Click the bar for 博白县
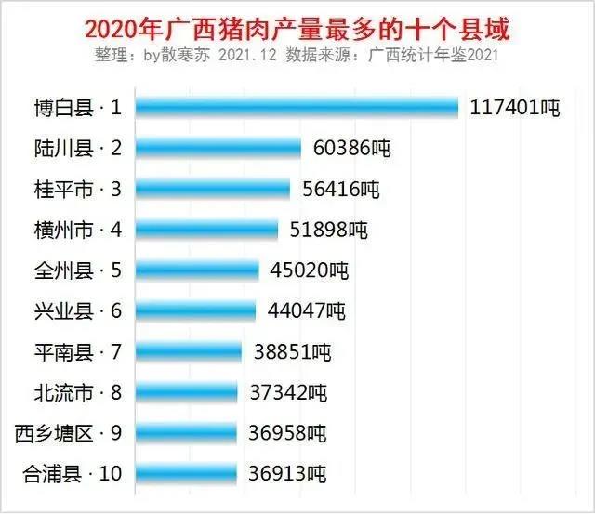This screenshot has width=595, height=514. coord(297,108)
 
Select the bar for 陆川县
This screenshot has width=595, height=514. coord(218,148)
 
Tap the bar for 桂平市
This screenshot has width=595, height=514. coord(213,189)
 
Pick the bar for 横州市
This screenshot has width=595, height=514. coord(207,229)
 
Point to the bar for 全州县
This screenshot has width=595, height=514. coord(198,270)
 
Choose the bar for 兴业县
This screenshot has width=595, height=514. coord(196,310)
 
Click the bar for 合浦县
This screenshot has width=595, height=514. coord(187,473)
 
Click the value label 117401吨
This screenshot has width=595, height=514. coord(514,108)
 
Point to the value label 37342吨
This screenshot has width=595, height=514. coord(288,392)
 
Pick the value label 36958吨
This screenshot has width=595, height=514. coord(287,433)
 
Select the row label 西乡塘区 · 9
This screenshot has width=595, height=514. coord(68,433)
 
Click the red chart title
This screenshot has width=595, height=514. coord(297,29)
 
